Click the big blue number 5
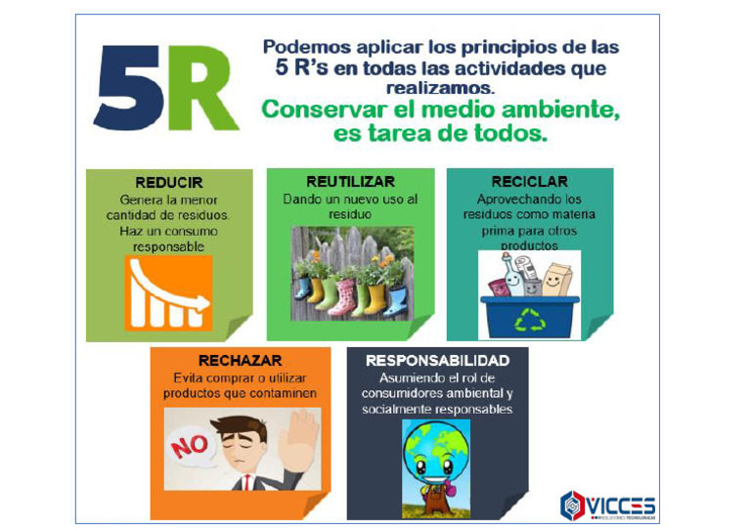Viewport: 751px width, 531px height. (127, 89)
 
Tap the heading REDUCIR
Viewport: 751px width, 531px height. (169, 183)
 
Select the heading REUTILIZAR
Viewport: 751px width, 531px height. (350, 182)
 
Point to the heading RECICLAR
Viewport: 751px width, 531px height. (529, 182)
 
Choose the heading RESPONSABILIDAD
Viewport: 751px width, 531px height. (437, 361)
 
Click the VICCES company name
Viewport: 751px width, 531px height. (622, 506)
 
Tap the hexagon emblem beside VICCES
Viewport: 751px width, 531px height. (572, 506)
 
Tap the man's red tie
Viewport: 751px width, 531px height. (249, 482)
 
